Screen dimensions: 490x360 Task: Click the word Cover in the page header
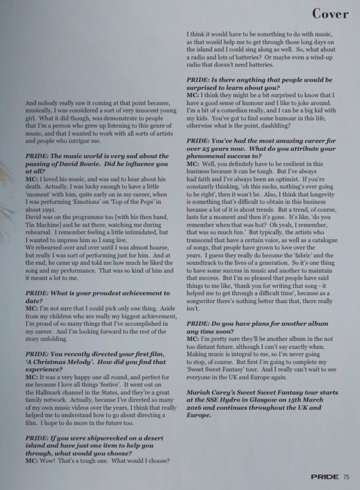[x=330, y=14]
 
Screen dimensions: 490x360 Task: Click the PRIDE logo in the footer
[x=325, y=477]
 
